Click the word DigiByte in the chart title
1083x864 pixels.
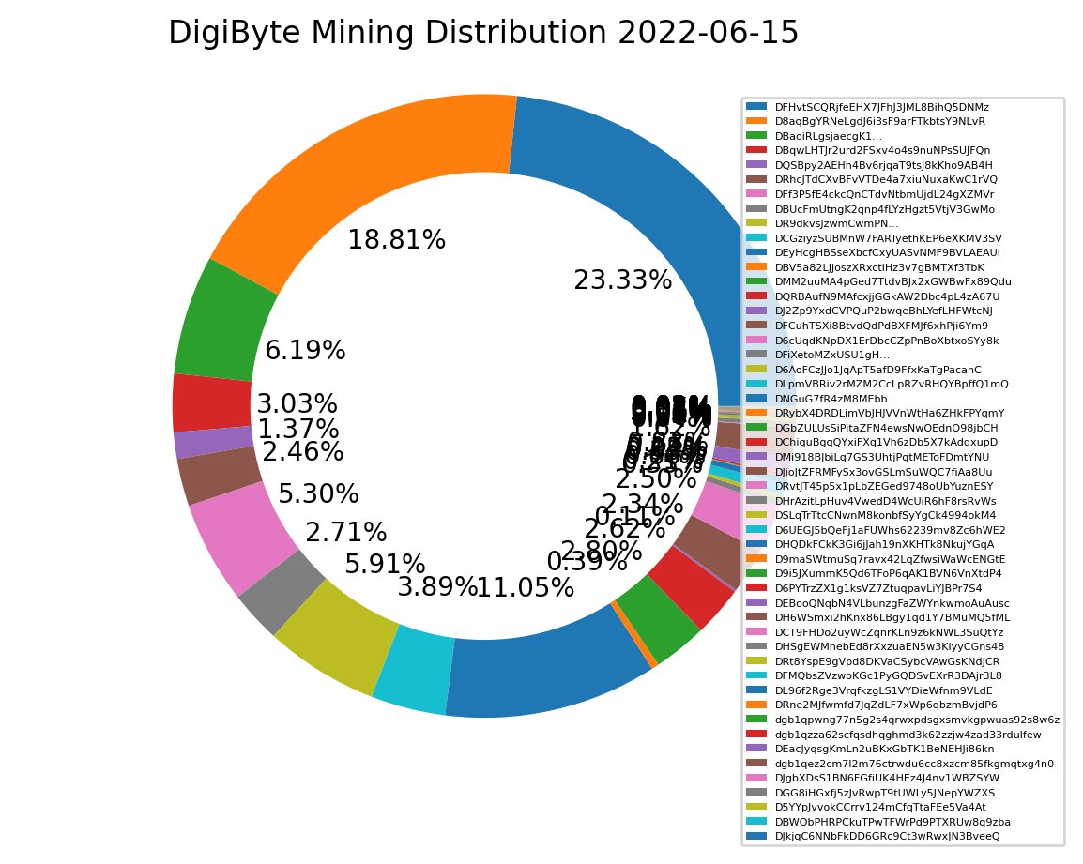[x=224, y=33]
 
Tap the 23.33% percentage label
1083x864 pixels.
[x=622, y=280]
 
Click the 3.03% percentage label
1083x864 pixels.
[x=297, y=404]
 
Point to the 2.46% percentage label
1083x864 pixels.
[x=302, y=451]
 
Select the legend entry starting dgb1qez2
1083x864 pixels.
[x=914, y=763]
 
